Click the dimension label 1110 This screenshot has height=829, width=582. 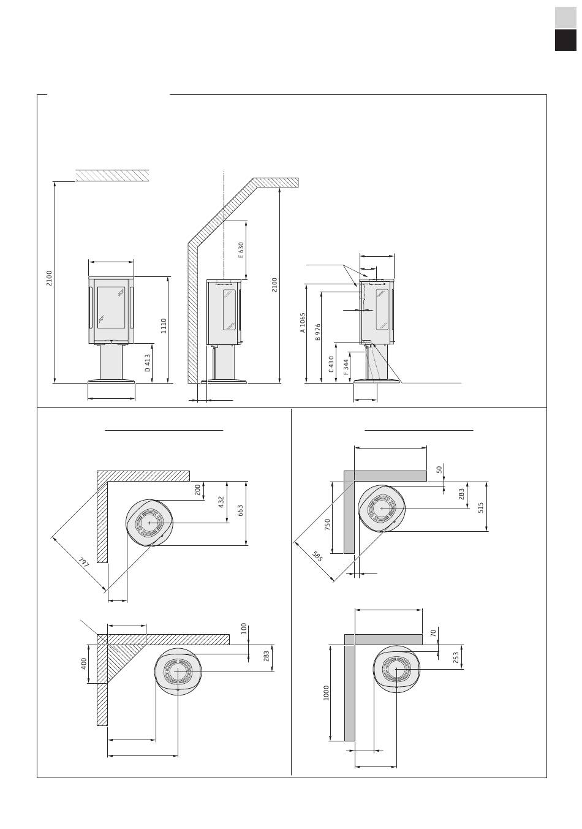[164, 325]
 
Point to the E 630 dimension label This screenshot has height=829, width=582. [241, 249]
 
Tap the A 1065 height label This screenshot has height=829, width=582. [302, 322]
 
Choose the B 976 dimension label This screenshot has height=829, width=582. [318, 332]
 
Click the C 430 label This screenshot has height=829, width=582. [331, 364]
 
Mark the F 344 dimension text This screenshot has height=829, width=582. [346, 367]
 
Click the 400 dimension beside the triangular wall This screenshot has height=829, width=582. [84, 663]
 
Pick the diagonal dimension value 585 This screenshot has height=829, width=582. [317, 557]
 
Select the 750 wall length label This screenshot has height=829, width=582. [328, 524]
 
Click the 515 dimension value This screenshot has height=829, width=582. [481, 507]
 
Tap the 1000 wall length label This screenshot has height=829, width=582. [327, 693]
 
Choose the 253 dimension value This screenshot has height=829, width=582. [456, 657]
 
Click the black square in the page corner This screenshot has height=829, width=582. [565, 40]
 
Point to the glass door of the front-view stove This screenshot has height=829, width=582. [111, 314]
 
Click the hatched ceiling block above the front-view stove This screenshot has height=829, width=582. [112, 175]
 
